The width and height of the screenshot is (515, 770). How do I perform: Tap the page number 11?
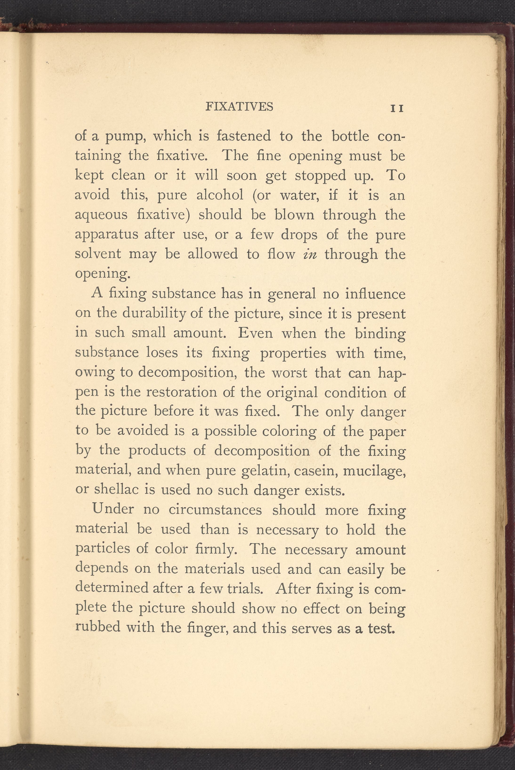click(397, 109)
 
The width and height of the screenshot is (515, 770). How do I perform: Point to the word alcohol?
click(220, 195)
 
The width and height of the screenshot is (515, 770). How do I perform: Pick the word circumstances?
click(215, 510)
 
